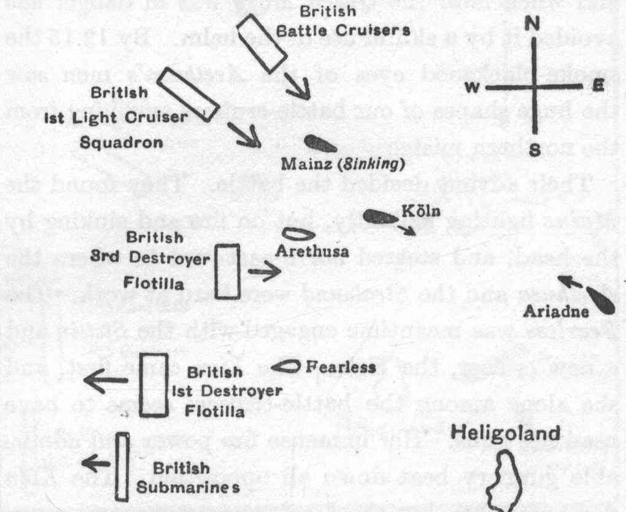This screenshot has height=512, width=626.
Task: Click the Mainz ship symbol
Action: coord(320,144)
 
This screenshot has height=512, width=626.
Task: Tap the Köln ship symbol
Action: coord(381,217)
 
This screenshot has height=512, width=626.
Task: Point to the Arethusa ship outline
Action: coord(299,235)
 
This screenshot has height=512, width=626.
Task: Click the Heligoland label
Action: coord(506,433)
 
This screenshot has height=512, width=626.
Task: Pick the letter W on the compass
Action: coord(472,88)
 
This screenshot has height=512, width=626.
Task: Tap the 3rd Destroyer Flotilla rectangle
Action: coord(228,271)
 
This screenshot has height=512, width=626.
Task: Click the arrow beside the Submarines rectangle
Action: coord(95,462)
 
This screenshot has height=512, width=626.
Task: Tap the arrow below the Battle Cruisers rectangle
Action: coord(299,88)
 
